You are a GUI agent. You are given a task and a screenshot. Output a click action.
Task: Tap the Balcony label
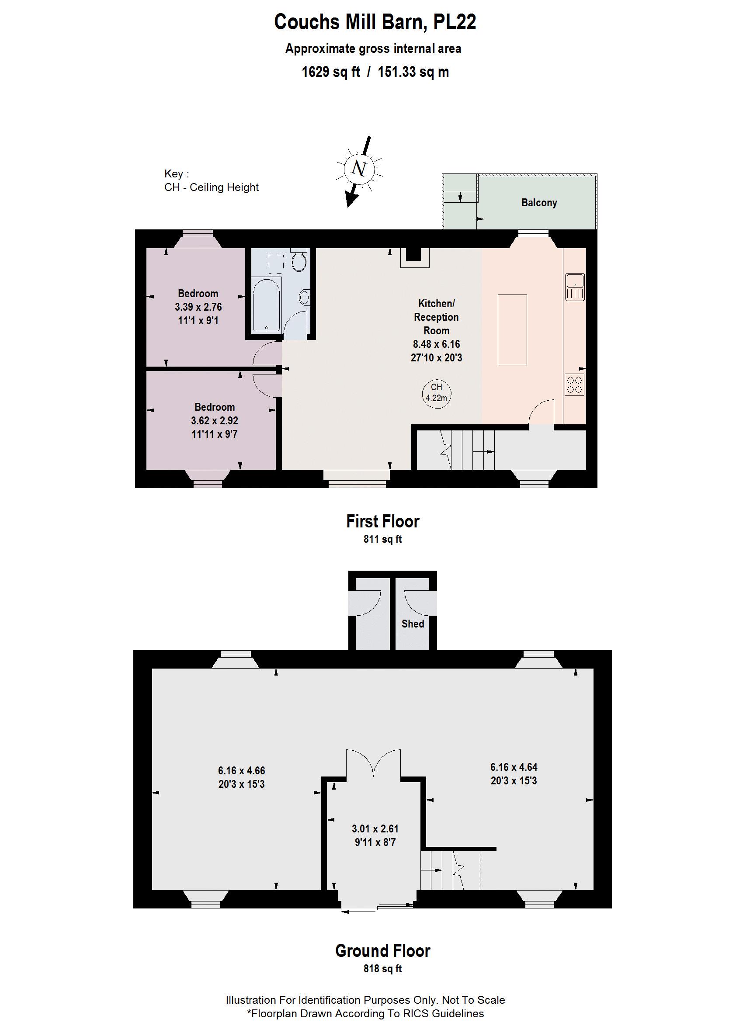click(x=539, y=202)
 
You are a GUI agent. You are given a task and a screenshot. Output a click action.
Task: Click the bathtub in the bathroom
click(x=267, y=306)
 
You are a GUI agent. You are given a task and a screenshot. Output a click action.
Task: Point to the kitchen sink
click(x=575, y=287)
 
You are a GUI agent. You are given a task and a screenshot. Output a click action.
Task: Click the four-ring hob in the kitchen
click(x=575, y=385)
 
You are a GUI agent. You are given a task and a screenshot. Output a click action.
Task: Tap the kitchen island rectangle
click(x=512, y=330)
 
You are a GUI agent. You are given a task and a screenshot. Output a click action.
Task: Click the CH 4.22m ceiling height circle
click(x=437, y=393)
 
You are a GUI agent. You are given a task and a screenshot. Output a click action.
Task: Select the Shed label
click(x=413, y=624)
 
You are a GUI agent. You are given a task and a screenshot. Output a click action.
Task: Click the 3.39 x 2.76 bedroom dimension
click(x=198, y=307)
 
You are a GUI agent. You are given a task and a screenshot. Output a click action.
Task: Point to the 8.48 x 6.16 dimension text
click(x=437, y=344)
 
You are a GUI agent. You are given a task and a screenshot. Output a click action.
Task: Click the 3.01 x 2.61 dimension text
click(x=375, y=829)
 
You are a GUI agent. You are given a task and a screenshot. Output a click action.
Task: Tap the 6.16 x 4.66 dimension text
click(x=242, y=771)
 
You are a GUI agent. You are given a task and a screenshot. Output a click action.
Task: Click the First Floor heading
click(x=383, y=521)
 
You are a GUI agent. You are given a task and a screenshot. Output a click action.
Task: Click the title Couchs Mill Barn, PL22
click(x=375, y=22)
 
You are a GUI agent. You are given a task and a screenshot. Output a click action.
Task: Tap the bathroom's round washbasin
click(x=304, y=298)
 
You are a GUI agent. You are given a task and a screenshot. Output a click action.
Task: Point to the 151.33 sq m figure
click(x=413, y=72)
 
